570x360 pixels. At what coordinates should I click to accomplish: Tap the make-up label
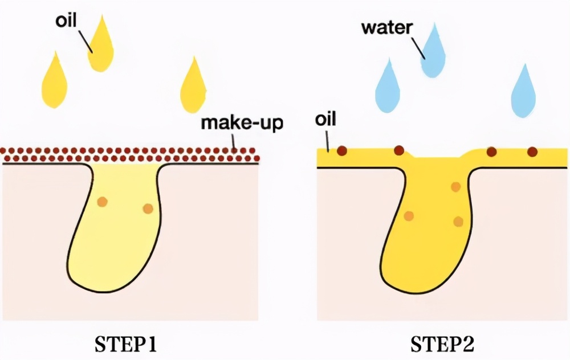[242, 122]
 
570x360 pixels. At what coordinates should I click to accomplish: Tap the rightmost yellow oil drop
[193, 88]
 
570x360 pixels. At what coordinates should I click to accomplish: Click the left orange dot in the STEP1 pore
[102, 202]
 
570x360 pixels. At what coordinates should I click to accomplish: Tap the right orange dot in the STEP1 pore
[148, 208]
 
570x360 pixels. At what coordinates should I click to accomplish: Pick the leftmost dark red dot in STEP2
[341, 151]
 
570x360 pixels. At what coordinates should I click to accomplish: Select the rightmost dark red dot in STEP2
[532, 152]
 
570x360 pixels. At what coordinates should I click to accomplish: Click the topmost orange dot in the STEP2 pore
[455, 187]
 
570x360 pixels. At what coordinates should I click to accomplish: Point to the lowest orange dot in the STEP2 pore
[458, 222]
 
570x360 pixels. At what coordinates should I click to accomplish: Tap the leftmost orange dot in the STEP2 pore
[408, 215]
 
